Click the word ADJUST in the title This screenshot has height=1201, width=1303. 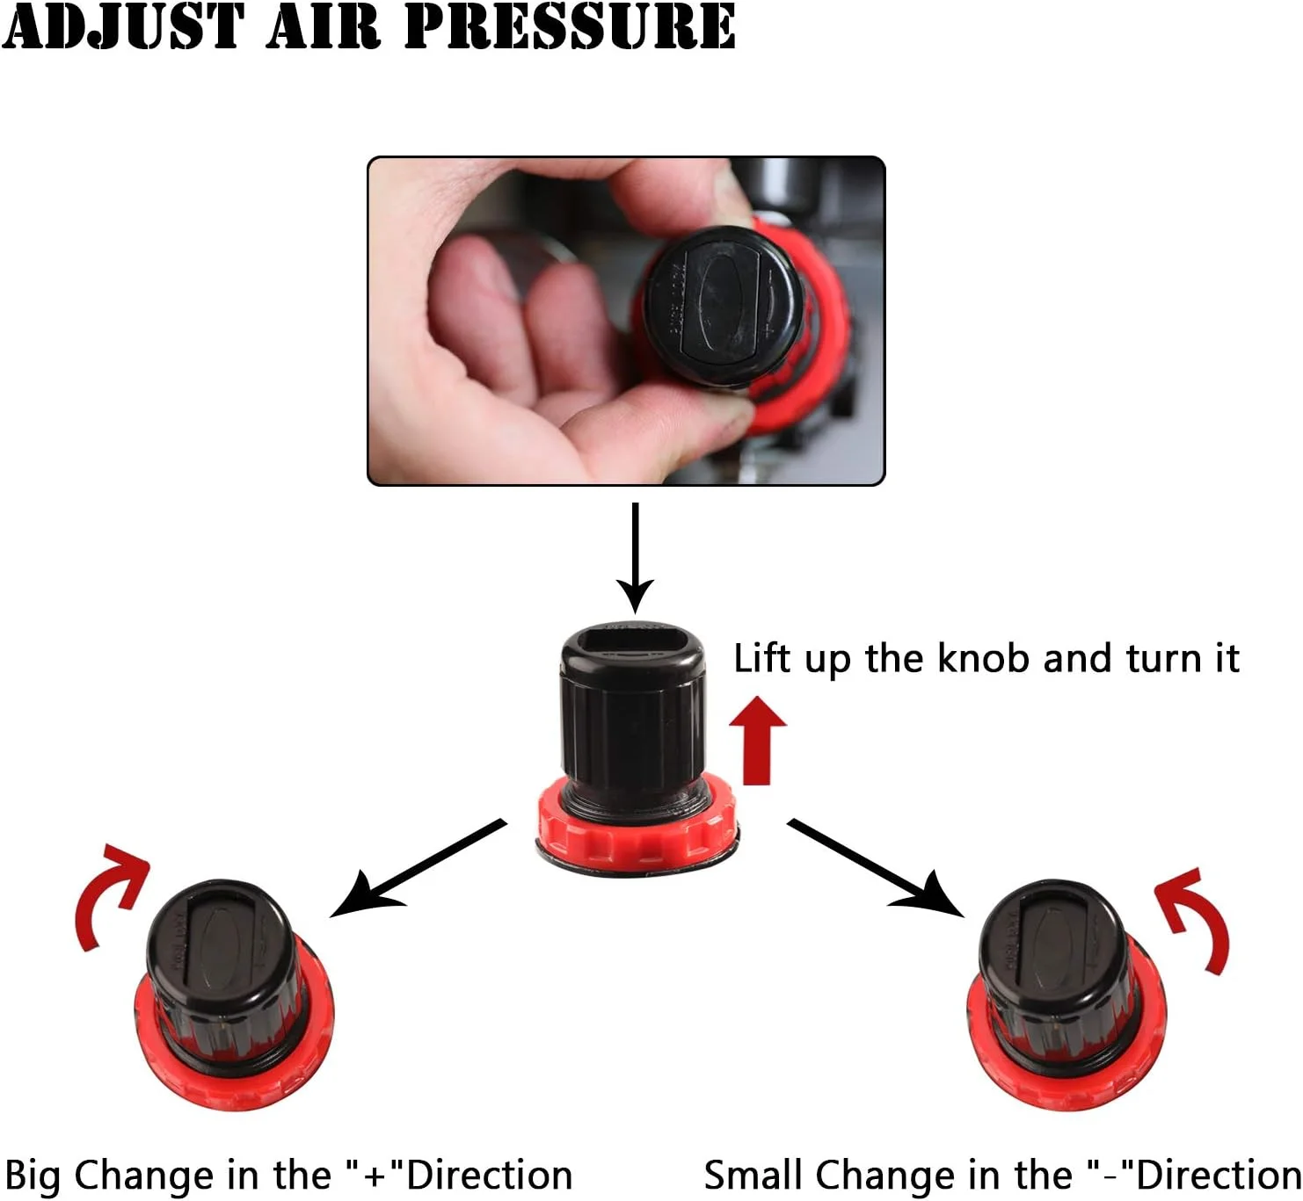click(123, 26)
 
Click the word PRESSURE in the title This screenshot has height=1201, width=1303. click(570, 26)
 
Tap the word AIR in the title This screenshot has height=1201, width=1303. click(324, 26)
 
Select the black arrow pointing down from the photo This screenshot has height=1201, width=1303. click(635, 558)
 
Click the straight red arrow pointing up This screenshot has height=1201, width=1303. click(758, 740)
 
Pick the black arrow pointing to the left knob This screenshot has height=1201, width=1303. click(418, 866)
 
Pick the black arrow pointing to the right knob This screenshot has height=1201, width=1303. click(876, 866)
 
